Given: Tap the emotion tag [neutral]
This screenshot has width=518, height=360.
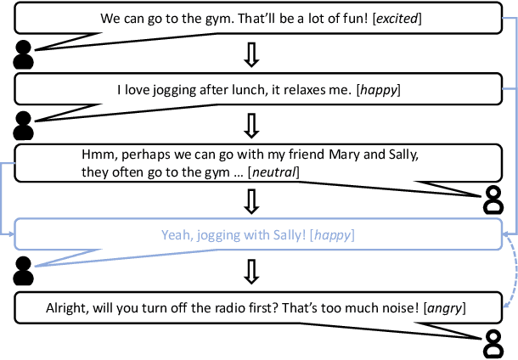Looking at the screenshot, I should pyautogui.click(x=273, y=172).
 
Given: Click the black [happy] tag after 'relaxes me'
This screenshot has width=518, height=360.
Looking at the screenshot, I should pyautogui.click(x=380, y=88).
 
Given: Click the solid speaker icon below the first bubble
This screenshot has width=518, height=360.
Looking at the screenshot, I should pyautogui.click(x=24, y=55).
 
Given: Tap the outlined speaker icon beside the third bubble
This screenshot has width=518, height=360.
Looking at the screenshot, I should pyautogui.click(x=493, y=200).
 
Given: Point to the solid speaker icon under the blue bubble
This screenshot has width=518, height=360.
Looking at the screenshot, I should pyautogui.click(x=24, y=270).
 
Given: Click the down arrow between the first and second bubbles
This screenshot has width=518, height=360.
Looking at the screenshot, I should pyautogui.click(x=251, y=53).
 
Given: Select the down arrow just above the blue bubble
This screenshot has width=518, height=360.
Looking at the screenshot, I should pyautogui.click(x=251, y=200).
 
